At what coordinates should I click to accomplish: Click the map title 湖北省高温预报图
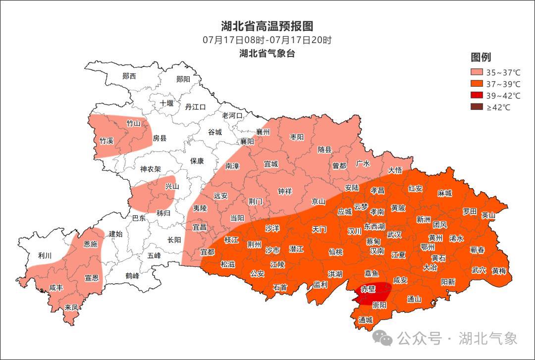(267, 26)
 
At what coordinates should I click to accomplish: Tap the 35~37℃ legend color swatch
(477, 72)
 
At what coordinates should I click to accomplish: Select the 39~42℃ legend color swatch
(477, 95)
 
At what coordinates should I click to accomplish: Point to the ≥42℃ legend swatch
(477, 107)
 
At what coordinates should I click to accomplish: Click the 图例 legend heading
(481, 57)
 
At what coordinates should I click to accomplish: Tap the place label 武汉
(394, 234)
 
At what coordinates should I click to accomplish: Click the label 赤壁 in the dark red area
(368, 288)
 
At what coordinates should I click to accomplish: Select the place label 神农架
(151, 169)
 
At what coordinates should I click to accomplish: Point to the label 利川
(45, 256)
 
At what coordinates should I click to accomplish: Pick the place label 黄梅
(499, 271)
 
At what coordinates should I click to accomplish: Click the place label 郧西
(129, 76)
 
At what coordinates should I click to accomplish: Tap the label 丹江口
(195, 106)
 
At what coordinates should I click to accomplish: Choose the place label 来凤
(71, 308)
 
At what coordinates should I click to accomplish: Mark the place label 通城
(366, 320)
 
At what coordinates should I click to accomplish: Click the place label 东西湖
(374, 226)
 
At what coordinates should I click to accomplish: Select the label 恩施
(90, 244)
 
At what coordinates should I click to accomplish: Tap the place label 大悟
(395, 170)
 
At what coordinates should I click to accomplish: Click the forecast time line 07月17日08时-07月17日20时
(267, 40)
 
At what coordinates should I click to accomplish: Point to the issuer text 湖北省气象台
(267, 53)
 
